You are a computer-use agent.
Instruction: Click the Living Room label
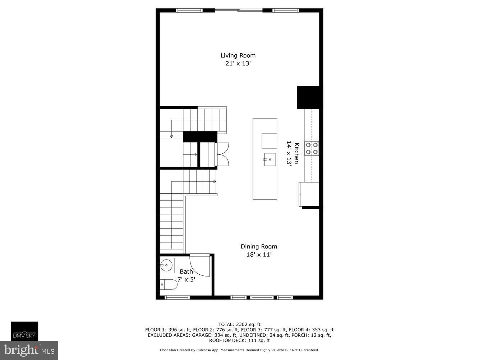click(238, 55)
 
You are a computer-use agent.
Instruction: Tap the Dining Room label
click(259, 247)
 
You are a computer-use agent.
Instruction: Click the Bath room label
click(186, 272)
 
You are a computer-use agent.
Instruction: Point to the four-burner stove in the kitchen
click(312, 148)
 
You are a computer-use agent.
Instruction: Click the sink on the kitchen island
click(270, 159)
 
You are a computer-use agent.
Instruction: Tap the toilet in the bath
click(169, 284)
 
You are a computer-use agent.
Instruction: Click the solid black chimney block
click(308, 97)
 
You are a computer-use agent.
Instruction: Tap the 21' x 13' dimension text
click(238, 64)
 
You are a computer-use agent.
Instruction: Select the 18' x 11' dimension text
click(259, 255)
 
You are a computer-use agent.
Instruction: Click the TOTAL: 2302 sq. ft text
click(239, 324)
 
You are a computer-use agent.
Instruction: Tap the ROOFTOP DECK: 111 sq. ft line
click(239, 340)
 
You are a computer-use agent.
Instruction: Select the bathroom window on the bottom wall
click(177, 297)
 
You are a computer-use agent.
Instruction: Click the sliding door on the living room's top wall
click(239, 10)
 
